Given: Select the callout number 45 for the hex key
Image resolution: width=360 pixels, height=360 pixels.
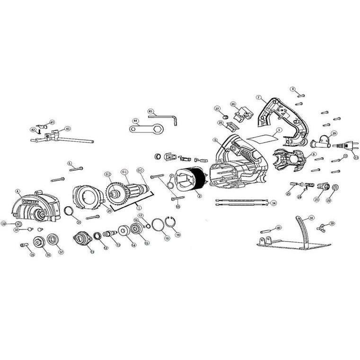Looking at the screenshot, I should pos(150,111).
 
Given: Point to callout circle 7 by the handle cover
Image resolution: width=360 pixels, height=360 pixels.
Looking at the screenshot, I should pos(259,97).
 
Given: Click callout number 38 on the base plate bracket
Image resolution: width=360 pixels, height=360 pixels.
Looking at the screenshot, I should pos(311,218).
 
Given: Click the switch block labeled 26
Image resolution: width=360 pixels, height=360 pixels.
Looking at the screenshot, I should pos(242,114).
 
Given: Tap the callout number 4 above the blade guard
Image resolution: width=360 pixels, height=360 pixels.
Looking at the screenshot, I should pos(18,192).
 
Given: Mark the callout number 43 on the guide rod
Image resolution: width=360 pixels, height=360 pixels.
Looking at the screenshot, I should pos(68,129).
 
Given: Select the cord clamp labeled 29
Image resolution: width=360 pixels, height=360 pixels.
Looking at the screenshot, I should pos(322,141).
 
